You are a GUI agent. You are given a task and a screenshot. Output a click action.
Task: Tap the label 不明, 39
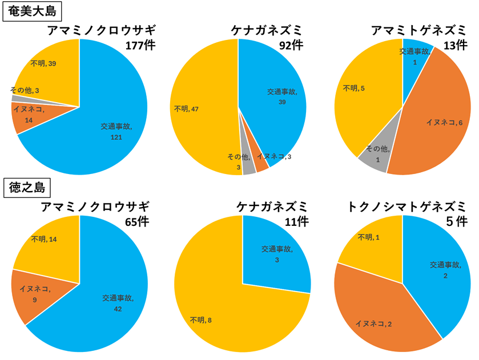point(44,63)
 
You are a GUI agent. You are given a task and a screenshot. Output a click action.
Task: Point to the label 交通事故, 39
point(281,96)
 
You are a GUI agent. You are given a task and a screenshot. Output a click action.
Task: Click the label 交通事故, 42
point(118,302)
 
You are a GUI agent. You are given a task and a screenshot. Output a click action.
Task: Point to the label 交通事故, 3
point(277,254)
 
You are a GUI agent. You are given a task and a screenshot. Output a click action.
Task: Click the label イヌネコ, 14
point(29,114)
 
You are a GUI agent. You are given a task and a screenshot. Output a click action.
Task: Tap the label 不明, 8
point(201,321)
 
